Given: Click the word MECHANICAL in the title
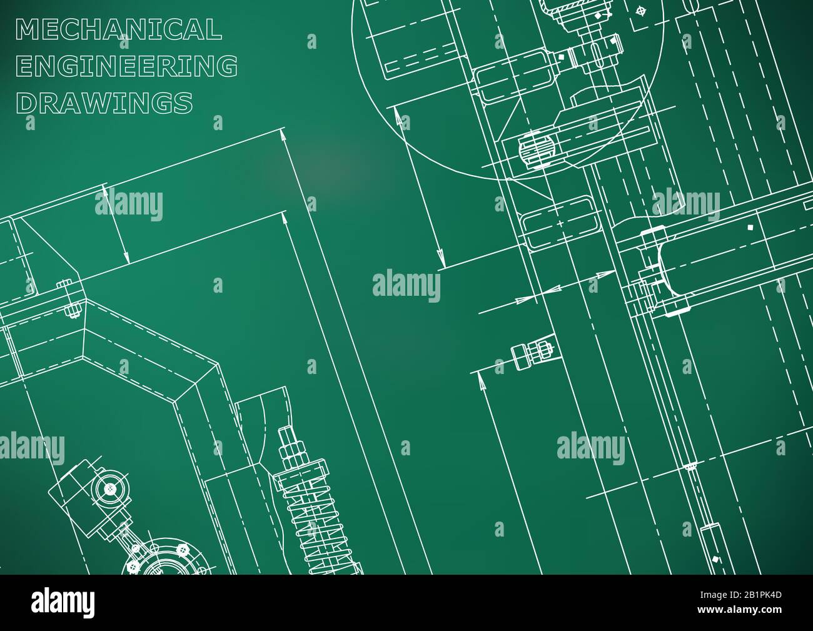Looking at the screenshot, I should click(x=118, y=29).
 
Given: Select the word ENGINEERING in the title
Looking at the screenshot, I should click(x=126, y=66).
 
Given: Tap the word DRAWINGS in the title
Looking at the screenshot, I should click(x=104, y=103).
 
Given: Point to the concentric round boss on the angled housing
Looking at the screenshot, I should click(x=110, y=488).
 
